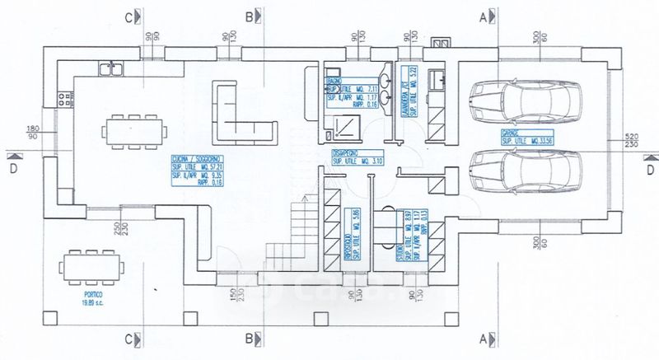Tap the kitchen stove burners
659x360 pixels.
62,98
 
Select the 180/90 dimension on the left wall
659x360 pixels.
33,133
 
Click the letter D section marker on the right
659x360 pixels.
650,170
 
